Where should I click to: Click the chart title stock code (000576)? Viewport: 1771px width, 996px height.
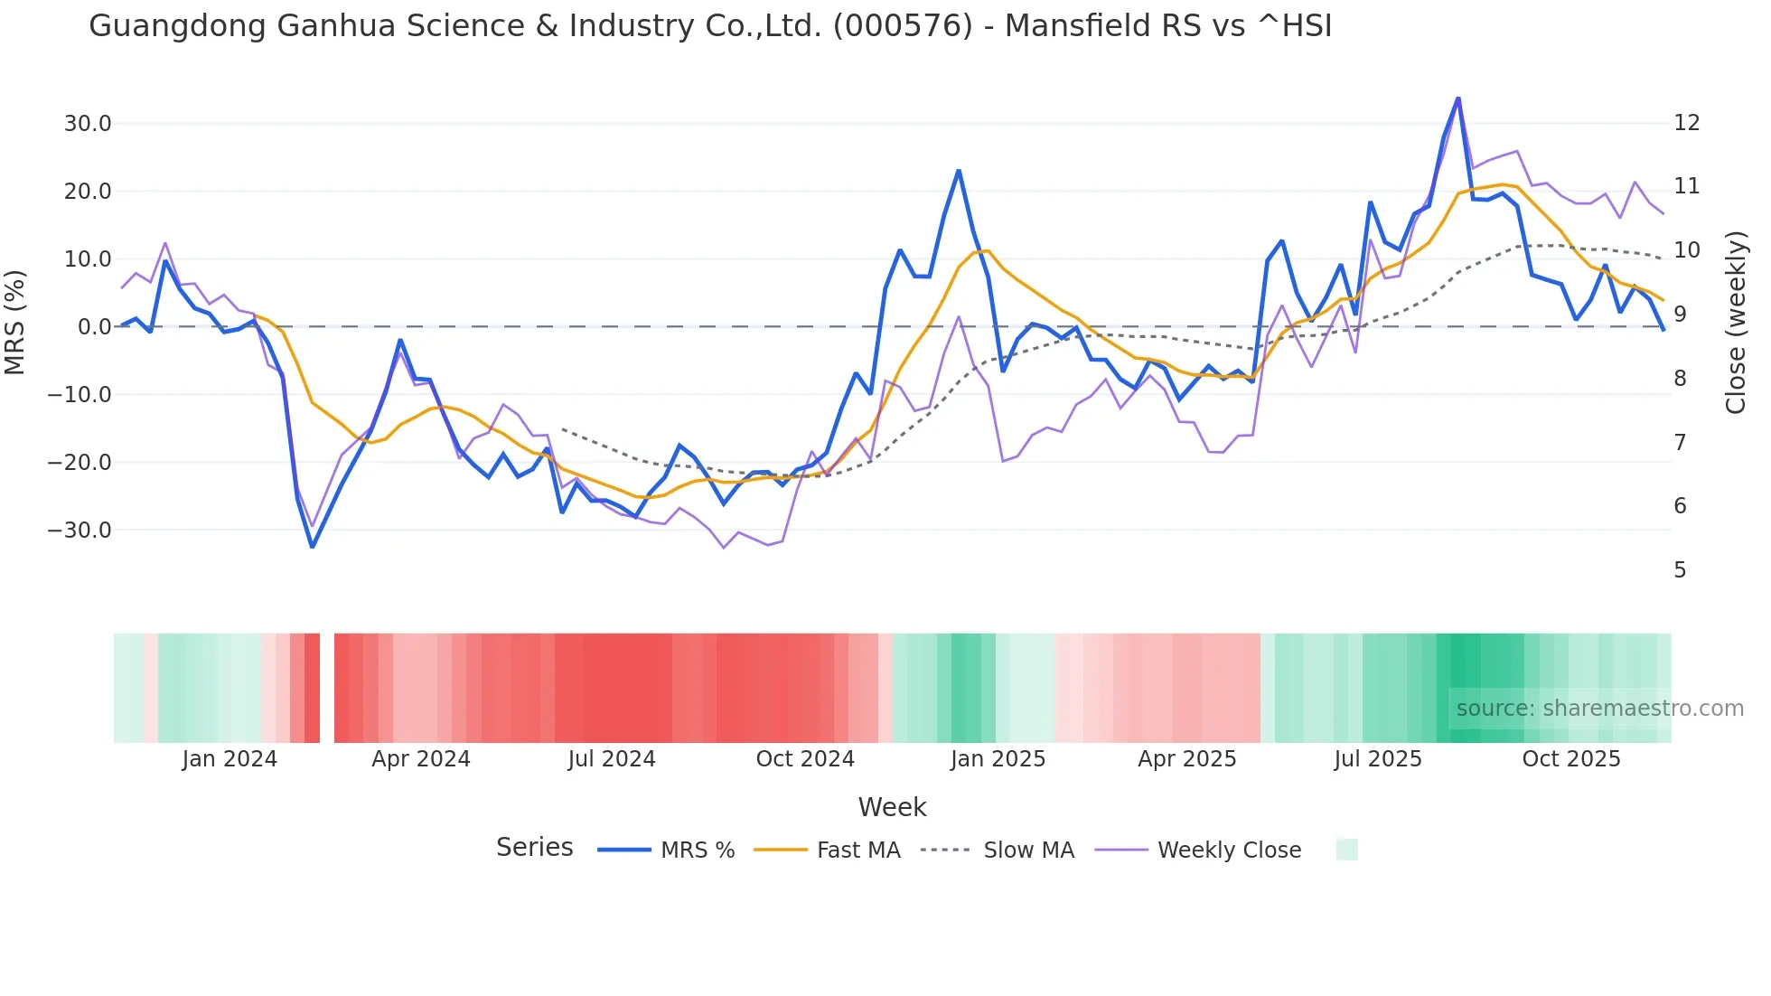(902, 26)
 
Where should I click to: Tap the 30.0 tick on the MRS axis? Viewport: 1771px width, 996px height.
(88, 124)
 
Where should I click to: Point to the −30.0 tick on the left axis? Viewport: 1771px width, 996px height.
(80, 531)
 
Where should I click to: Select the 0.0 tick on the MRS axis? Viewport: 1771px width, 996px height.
(94, 327)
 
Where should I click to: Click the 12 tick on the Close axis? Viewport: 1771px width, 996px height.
(1686, 123)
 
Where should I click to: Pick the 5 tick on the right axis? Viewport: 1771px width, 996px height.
(1680, 570)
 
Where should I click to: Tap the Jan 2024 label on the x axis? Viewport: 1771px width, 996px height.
(230, 759)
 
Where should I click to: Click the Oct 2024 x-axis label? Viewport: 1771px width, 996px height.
(805, 759)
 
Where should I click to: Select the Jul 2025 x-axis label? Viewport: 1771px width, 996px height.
(1378, 759)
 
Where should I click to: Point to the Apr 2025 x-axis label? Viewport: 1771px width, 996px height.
(1186, 759)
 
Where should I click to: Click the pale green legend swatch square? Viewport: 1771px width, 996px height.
(1346, 850)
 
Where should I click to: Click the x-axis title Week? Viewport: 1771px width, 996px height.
(892, 807)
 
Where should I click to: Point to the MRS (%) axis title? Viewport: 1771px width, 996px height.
(15, 323)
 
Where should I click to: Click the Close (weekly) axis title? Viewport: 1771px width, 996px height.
(1735, 323)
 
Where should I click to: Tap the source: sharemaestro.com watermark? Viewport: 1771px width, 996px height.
(1599, 709)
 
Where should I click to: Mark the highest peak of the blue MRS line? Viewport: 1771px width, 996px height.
(1457, 99)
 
